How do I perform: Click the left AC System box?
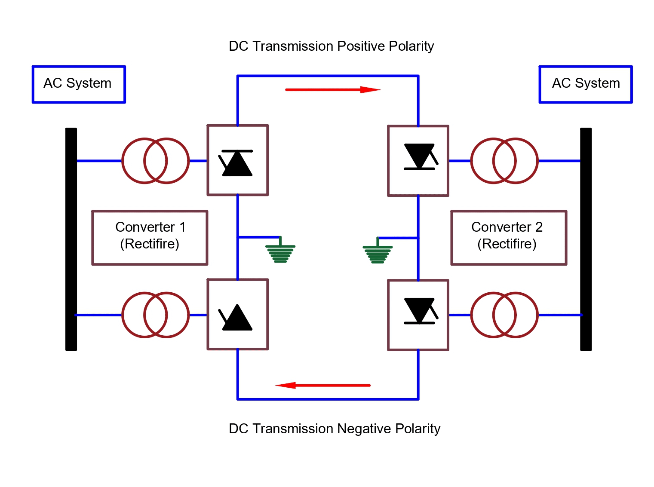79,84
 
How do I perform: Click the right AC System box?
585,84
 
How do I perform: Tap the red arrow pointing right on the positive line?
333,90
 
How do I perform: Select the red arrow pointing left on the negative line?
322,385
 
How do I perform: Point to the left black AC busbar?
71,239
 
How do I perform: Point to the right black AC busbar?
586,239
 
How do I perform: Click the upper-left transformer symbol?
155,161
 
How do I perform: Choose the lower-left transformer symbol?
155,315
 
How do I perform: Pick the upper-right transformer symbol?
504,161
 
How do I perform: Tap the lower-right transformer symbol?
504,315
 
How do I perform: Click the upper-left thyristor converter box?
237,160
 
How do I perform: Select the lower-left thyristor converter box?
237,314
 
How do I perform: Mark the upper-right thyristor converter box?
418,161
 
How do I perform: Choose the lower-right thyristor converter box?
418,315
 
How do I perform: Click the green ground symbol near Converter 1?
280,253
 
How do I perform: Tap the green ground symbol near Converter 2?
378,254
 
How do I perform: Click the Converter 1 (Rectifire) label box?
150,237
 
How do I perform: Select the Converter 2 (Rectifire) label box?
508,237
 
